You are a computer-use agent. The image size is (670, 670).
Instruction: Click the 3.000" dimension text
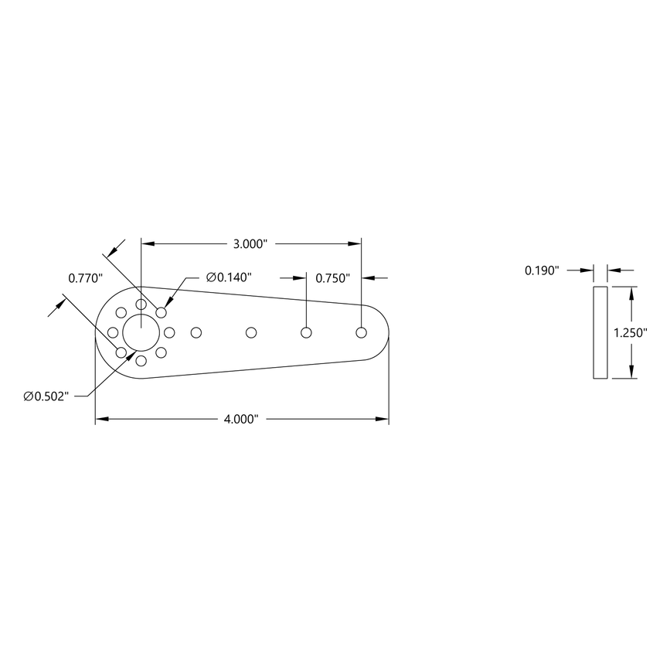point(250,243)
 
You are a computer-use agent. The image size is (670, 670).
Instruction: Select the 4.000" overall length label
point(240,420)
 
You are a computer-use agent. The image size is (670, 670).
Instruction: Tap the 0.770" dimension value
point(84,277)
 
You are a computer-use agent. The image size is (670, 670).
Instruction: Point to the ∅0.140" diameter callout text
point(230,277)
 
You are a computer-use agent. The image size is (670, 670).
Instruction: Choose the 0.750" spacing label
point(333,277)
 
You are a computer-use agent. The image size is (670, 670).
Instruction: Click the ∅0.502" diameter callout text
point(47,396)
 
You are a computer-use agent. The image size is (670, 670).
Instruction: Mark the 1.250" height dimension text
point(630,333)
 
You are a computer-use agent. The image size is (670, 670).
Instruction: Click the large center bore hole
point(141,332)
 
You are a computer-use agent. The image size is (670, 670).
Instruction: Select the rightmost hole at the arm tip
point(361,332)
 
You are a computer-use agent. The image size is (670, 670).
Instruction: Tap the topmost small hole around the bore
point(141,304)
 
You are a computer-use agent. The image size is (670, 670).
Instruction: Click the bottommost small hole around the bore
point(141,361)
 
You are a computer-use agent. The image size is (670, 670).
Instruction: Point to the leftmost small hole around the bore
point(113,332)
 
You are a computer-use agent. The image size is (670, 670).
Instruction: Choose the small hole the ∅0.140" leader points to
point(162,312)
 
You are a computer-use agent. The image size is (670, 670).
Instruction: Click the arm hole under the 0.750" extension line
point(306,332)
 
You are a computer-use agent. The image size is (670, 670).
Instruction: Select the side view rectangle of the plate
point(600,332)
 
